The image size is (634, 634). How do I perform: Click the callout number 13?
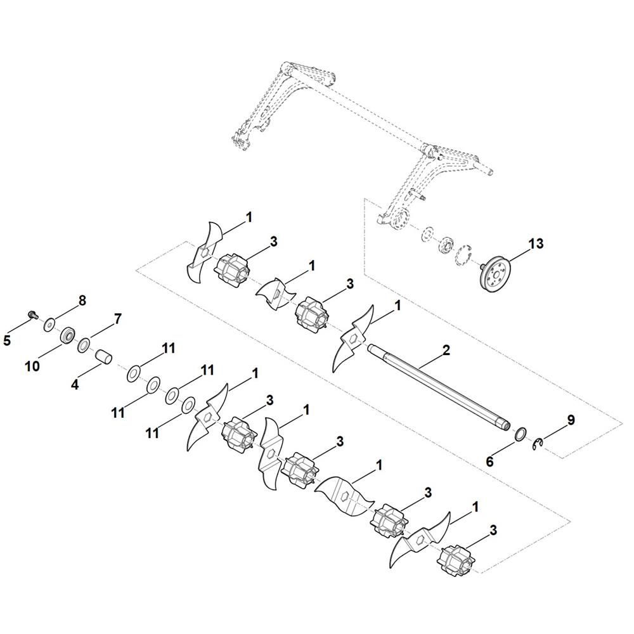[x=536, y=243]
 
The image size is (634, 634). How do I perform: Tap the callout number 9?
[x=571, y=420]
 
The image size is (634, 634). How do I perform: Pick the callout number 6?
[x=489, y=462]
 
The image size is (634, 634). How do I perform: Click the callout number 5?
[x=7, y=340]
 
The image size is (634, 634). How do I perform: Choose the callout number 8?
[x=82, y=300]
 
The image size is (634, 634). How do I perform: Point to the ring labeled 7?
[x=83, y=346]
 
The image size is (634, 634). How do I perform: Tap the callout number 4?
[x=75, y=384]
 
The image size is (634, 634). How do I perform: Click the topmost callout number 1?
[x=249, y=217]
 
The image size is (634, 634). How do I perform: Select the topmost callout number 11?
[x=168, y=349]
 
